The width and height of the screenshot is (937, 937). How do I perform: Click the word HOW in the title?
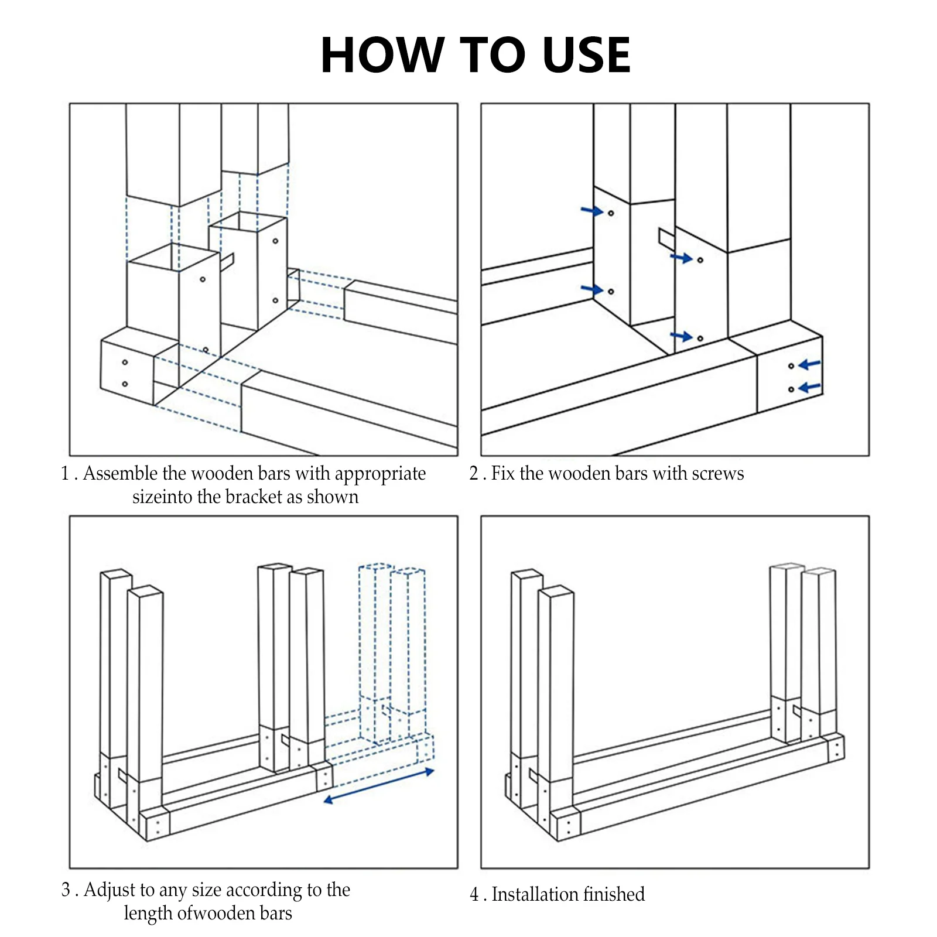382,55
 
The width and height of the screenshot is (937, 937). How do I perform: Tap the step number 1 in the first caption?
65,473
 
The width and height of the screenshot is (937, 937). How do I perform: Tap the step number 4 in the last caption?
474,894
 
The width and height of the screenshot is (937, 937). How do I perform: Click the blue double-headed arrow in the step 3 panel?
379,786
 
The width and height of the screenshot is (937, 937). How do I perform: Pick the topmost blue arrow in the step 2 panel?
592,210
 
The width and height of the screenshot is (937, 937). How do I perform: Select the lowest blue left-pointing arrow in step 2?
810,388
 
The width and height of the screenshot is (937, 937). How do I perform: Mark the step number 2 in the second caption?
474,473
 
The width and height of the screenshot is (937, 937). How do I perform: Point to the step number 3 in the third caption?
66,890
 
